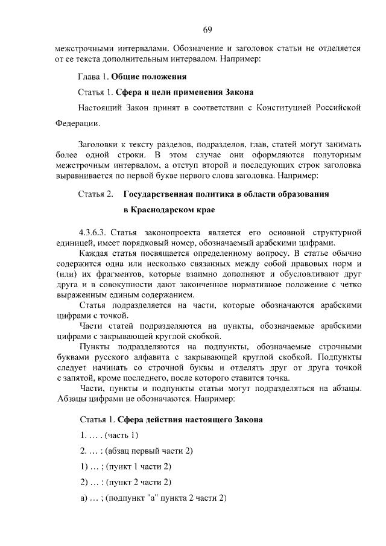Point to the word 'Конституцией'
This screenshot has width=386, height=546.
coord(282,108)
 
